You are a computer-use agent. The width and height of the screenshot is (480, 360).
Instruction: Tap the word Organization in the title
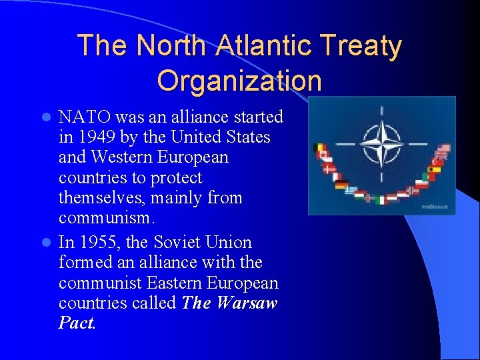coord(239,81)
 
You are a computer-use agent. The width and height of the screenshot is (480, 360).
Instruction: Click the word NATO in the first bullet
coord(85,117)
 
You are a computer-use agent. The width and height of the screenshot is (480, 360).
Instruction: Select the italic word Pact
coord(77,324)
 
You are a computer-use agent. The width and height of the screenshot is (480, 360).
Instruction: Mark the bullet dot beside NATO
coord(46,117)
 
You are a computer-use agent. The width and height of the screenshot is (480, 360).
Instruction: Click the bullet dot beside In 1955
coord(46,242)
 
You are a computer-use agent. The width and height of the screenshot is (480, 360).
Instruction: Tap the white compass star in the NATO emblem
coord(381,143)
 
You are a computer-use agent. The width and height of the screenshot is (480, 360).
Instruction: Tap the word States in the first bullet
coord(247,137)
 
